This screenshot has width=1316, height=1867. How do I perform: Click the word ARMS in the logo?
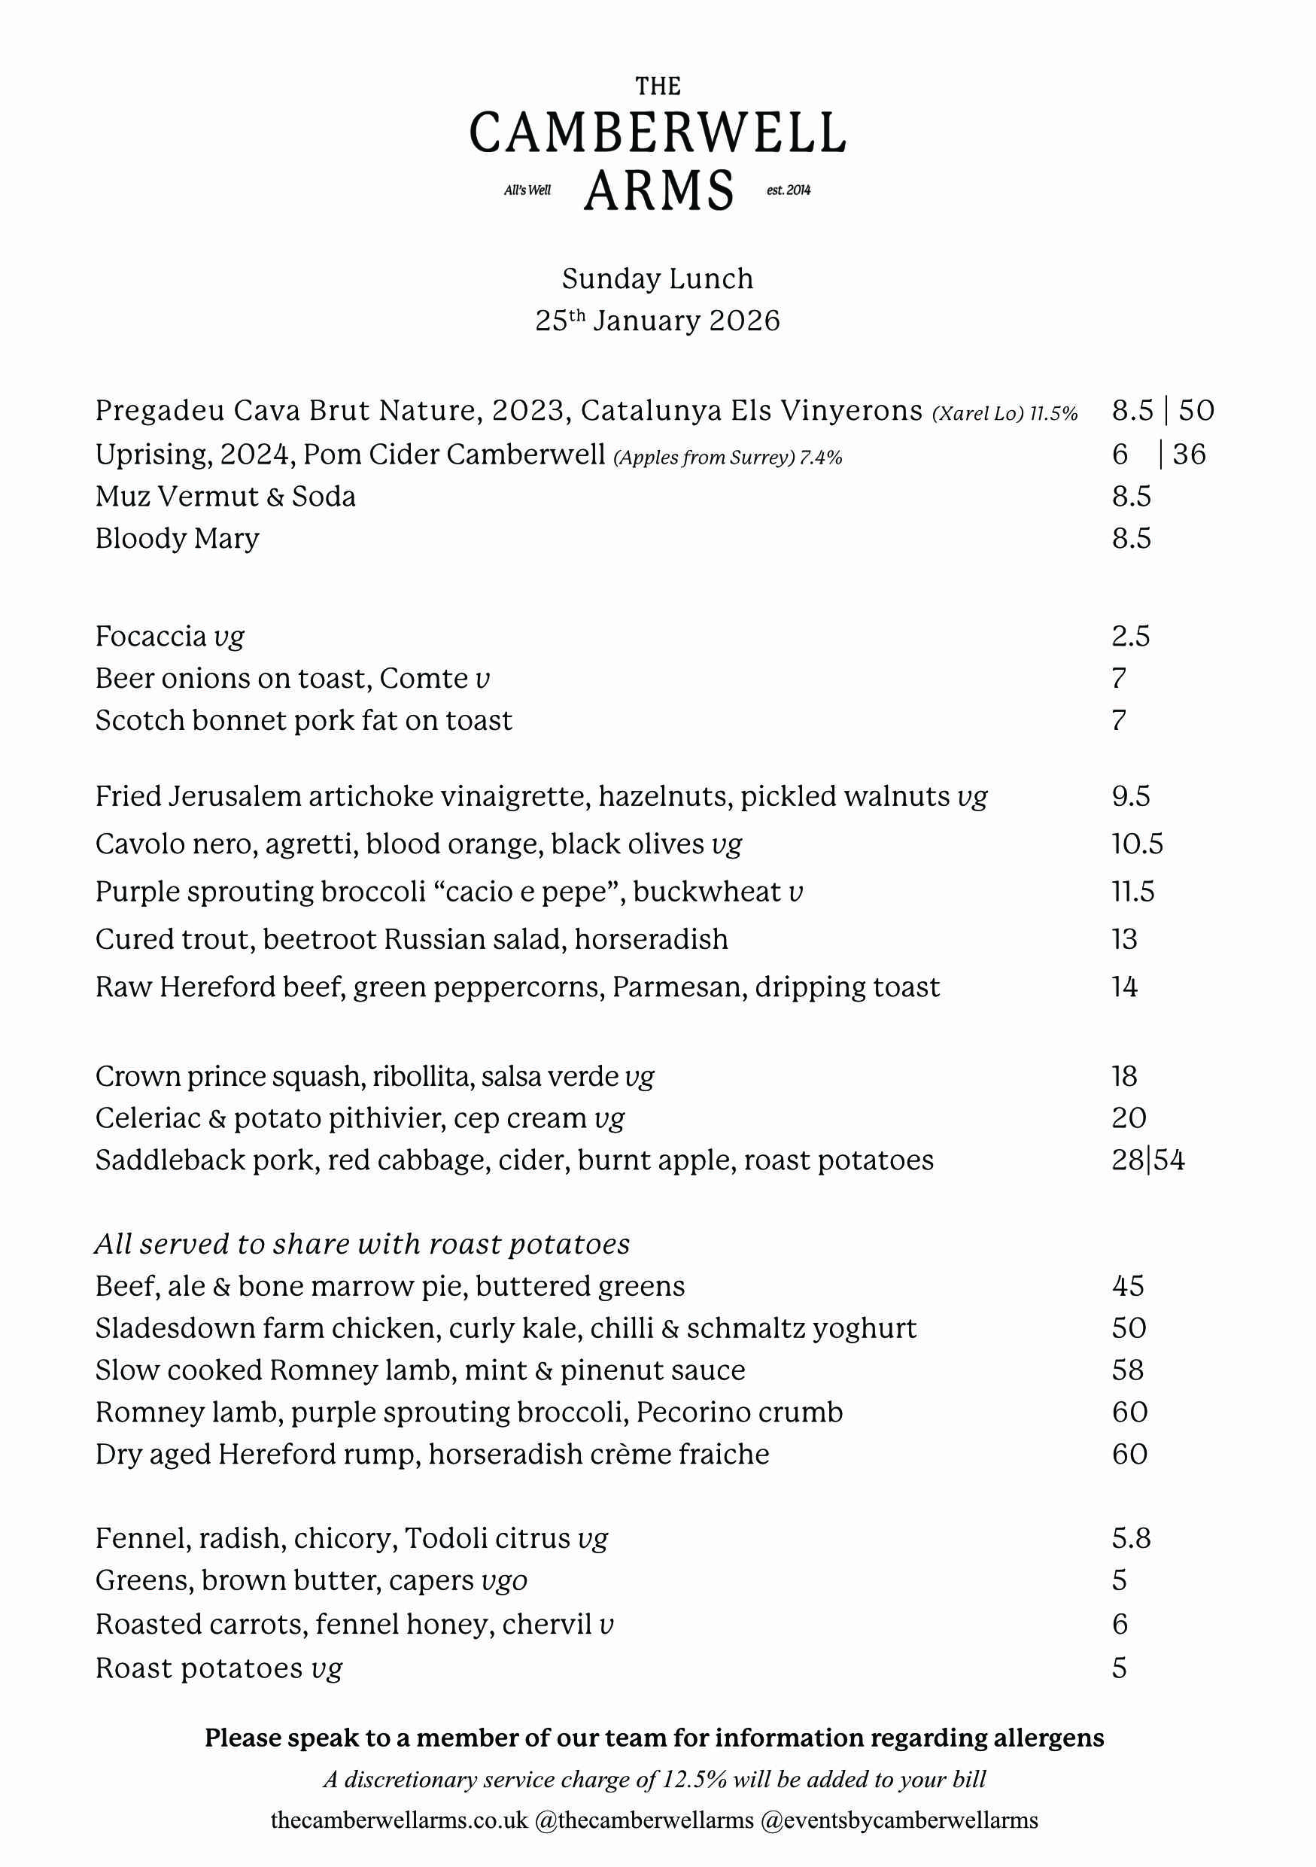(658, 192)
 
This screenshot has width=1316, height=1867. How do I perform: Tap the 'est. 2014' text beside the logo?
(789, 190)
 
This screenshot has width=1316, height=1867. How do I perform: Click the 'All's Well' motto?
(527, 190)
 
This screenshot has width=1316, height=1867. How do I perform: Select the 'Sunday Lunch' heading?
(658, 279)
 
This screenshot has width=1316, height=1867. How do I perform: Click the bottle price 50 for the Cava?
(1196, 411)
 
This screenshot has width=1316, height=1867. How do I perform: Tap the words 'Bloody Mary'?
(178, 538)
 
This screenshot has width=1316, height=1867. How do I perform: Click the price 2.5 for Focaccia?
(1131, 636)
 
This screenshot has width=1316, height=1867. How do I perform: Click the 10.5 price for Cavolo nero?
(1137, 844)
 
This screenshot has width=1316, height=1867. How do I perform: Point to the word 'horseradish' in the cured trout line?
(651, 939)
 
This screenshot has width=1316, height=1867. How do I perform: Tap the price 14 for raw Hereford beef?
(1125, 987)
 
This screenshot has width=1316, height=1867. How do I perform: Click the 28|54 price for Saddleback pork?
(1147, 1160)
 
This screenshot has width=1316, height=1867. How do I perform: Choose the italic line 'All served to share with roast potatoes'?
(363, 1244)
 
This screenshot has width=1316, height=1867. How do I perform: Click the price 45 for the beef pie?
(1127, 1285)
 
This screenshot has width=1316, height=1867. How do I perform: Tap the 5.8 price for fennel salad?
(1131, 1538)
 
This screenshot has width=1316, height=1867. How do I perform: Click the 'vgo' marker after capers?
(504, 1581)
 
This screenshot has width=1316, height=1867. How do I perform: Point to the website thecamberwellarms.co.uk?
(399, 1820)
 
